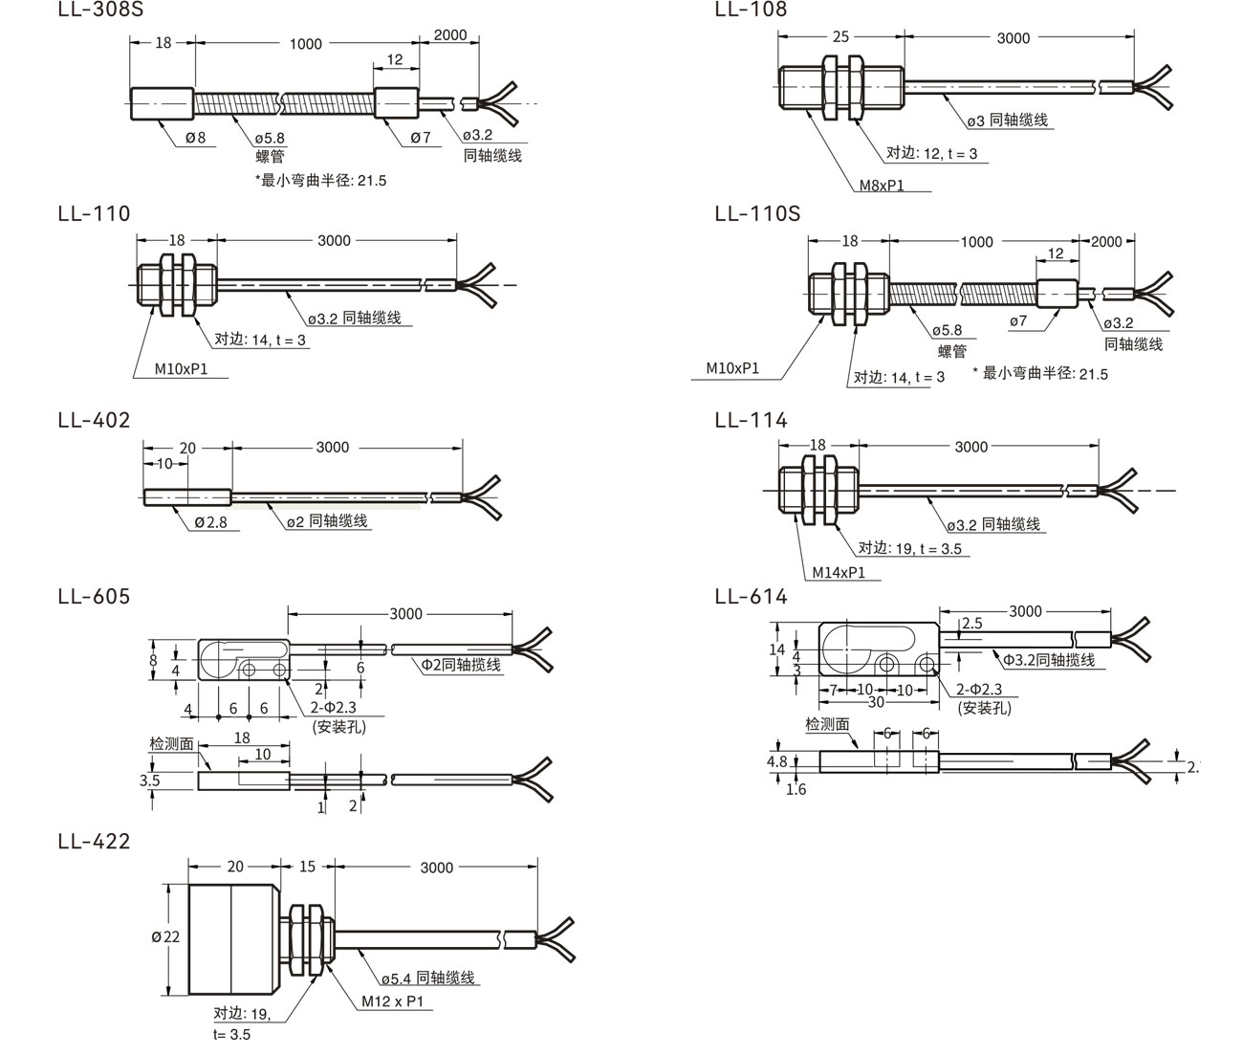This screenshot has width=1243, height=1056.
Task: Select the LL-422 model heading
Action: tap(94, 841)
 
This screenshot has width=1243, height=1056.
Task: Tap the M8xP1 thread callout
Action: tap(881, 185)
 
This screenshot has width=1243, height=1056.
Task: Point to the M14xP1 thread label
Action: tap(839, 572)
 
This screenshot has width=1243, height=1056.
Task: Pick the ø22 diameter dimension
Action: tap(164, 936)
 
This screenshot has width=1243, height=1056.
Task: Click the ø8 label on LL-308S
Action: tap(194, 137)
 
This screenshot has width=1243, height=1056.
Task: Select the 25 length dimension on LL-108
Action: tap(840, 37)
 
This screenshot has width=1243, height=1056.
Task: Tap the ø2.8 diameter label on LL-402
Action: tap(210, 522)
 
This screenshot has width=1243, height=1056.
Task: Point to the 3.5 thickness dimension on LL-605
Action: tap(149, 781)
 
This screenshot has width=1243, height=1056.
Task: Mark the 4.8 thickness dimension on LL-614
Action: tap(776, 762)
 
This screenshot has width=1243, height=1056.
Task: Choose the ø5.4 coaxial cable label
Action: tap(427, 979)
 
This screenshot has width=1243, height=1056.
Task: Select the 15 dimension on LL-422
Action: tap(307, 867)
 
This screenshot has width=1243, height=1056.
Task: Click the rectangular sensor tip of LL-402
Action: tap(187, 496)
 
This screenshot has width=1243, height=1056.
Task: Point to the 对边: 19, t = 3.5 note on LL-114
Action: tap(909, 548)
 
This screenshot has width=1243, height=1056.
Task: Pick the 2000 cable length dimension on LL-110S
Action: tap(1105, 241)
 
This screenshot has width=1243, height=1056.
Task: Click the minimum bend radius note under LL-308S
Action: tap(321, 180)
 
